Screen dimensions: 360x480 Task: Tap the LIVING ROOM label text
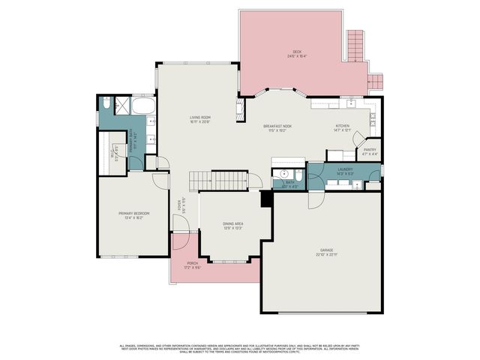pyautogui.click(x=199, y=117)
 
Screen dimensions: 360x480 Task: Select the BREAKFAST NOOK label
pyautogui.click(x=277, y=125)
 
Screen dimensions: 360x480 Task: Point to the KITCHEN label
pyautogui.click(x=342, y=125)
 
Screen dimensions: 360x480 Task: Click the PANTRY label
pyautogui.click(x=370, y=149)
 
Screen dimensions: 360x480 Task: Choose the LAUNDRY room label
pyautogui.click(x=345, y=169)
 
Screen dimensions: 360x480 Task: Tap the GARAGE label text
pyautogui.click(x=326, y=250)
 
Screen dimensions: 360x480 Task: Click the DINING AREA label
pyautogui.click(x=233, y=223)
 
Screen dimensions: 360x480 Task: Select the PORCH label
pyautogui.click(x=193, y=263)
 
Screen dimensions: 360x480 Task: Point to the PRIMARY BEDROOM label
pyautogui.click(x=134, y=214)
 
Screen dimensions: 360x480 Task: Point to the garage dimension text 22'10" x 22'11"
pyautogui.click(x=326, y=255)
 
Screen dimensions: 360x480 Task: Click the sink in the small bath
pyautogui.click(x=277, y=173)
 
